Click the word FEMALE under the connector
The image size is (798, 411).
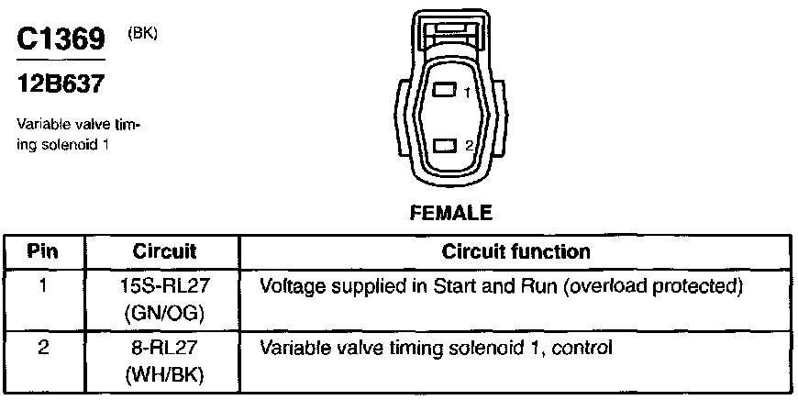449,213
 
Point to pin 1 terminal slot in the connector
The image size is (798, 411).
445,91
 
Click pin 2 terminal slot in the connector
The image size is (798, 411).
445,145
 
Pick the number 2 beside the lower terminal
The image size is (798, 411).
468,146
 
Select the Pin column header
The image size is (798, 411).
43,251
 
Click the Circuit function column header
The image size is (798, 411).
516,251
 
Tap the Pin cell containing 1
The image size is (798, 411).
43,284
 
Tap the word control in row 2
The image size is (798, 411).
581,349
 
